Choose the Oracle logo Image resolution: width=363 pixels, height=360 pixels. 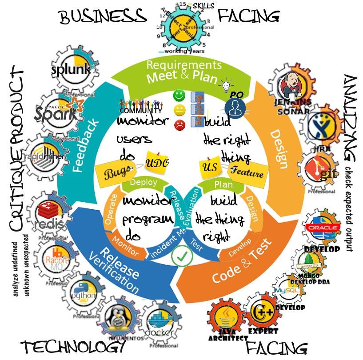pyautogui.click(x=319, y=227)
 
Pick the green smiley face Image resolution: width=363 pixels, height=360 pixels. pyautogui.click(x=179, y=95)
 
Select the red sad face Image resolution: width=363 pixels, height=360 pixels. pyautogui.click(x=179, y=125)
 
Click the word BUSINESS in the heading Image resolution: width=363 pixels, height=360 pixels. pyautogui.click(x=103, y=17)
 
